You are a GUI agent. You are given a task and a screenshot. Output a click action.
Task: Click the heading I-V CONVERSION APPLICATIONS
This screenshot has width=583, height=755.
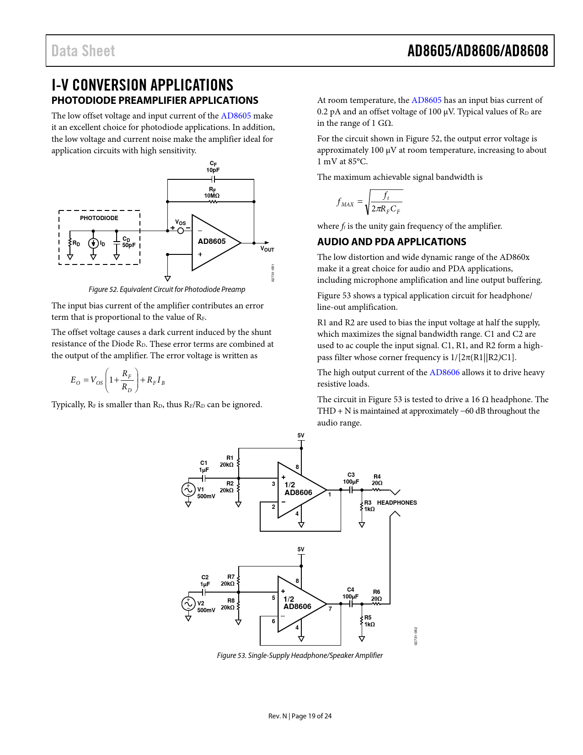[142, 85]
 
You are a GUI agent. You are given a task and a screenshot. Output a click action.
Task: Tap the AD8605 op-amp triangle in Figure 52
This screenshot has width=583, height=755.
[213, 242]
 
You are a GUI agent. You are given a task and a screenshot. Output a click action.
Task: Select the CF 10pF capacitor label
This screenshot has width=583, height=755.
[213, 167]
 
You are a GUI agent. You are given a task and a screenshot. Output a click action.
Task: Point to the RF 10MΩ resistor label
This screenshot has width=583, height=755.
[212, 193]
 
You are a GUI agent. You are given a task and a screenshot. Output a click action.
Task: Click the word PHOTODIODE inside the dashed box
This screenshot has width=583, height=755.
[99, 218]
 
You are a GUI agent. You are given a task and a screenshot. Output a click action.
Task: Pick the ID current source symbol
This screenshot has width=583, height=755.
[93, 243]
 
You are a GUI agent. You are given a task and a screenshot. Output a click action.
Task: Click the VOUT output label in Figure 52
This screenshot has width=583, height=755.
[267, 249]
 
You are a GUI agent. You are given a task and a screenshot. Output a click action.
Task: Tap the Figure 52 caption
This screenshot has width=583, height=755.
[167, 290]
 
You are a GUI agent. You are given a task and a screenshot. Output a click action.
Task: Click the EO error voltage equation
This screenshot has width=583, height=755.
[118, 380]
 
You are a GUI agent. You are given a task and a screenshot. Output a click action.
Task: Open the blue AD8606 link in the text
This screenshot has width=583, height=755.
[444, 372]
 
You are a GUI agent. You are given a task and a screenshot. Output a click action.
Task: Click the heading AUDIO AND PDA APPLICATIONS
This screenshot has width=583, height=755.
[392, 242]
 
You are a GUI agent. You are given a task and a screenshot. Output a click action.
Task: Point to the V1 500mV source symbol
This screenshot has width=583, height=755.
[188, 490]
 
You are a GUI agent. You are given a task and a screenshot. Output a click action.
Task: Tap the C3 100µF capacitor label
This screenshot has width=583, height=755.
[351, 478]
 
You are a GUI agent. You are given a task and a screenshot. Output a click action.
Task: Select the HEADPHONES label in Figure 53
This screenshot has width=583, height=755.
[397, 502]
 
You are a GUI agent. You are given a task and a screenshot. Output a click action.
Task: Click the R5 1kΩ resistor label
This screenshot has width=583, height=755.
[369, 621]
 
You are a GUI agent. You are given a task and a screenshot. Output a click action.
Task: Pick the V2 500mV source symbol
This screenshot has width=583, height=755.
[188, 604]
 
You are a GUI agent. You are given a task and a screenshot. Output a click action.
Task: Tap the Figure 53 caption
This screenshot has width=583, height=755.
[300, 656]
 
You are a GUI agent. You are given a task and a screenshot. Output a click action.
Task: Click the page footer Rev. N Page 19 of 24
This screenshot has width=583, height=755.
[300, 716]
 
